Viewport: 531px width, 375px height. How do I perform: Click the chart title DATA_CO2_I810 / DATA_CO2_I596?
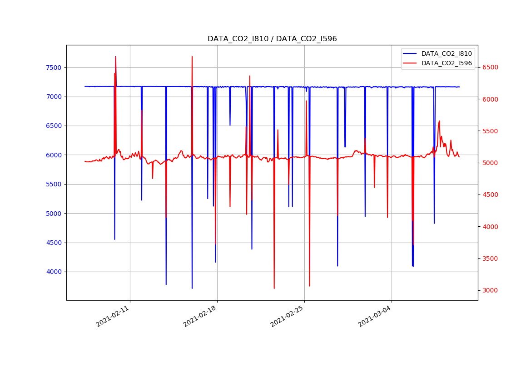pyautogui.click(x=272, y=39)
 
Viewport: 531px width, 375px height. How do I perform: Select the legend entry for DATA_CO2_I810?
pyautogui.click(x=447, y=54)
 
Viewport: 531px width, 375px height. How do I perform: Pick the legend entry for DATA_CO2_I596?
pyautogui.click(x=447, y=63)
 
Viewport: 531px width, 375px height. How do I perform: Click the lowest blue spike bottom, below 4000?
pyautogui.click(x=192, y=288)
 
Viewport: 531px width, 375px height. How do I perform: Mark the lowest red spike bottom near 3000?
pyautogui.click(x=274, y=288)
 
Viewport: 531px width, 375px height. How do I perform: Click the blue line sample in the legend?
pyautogui.click(x=411, y=54)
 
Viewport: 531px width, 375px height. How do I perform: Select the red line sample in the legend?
pyautogui.click(x=411, y=63)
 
